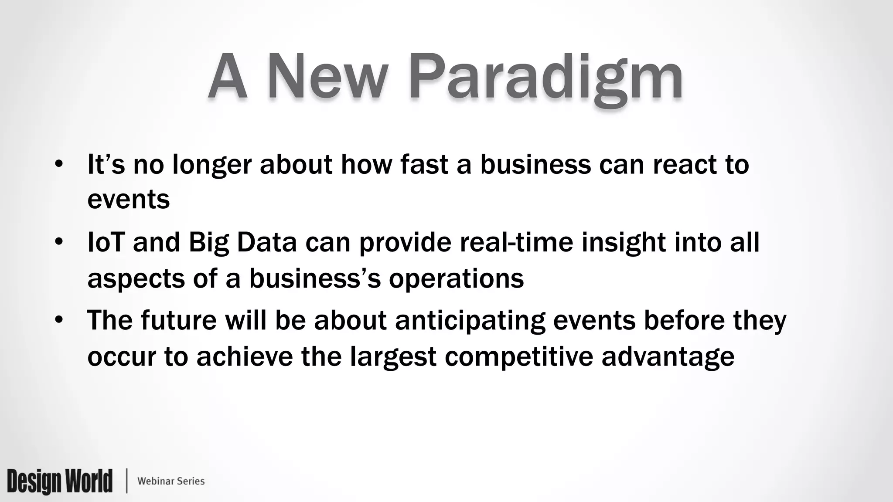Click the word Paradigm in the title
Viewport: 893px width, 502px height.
(x=545, y=78)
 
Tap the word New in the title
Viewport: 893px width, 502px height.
(x=327, y=78)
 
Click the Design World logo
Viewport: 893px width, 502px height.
(x=60, y=481)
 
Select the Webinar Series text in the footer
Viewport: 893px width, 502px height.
(x=171, y=481)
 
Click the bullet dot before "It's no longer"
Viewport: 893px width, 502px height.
(x=59, y=165)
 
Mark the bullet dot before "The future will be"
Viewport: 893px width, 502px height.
(x=59, y=320)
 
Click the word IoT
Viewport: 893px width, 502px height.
(x=106, y=242)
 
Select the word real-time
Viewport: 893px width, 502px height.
(x=516, y=242)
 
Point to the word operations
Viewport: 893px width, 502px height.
(x=456, y=279)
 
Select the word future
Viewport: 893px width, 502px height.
(x=178, y=320)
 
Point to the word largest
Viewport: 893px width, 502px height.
(x=393, y=356)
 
